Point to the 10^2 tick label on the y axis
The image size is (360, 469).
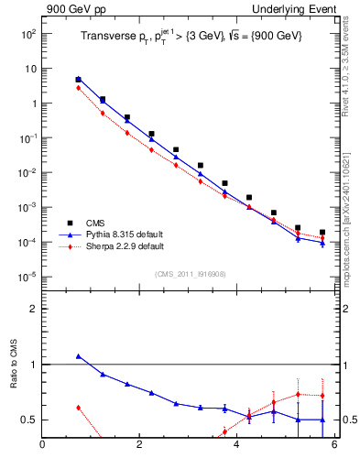click(27, 34)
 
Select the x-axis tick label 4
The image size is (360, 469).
click(237, 446)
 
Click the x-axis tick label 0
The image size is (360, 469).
click(42, 446)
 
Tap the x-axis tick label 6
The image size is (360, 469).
click(334, 446)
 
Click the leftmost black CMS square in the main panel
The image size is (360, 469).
click(79, 80)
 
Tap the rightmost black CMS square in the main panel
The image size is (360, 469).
click(322, 233)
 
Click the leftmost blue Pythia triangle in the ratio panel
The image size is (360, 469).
click(79, 356)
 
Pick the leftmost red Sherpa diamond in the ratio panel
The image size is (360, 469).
click(79, 408)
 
